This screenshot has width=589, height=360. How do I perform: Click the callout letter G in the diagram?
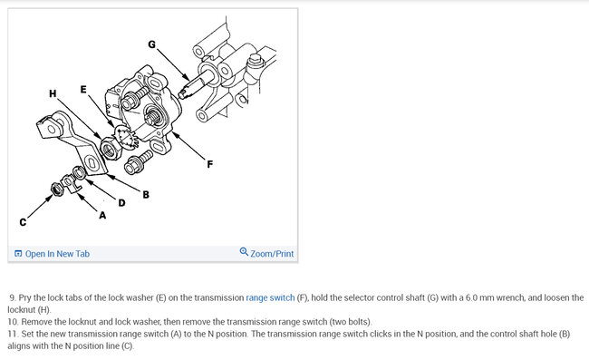pyautogui.click(x=151, y=44)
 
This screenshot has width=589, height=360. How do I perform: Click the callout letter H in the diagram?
pyautogui.click(x=53, y=93)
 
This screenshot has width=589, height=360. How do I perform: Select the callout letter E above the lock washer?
pyautogui.click(x=83, y=90)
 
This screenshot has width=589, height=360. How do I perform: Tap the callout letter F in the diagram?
pyautogui.click(x=210, y=164)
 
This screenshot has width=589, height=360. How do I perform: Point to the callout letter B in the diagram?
pyautogui.click(x=146, y=195)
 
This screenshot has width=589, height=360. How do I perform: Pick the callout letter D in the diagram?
pyautogui.click(x=121, y=203)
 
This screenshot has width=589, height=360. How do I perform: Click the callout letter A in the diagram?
pyautogui.click(x=102, y=215)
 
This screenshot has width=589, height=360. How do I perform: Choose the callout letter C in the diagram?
pyautogui.click(x=23, y=222)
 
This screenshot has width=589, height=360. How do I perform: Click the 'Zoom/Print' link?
pyautogui.click(x=272, y=254)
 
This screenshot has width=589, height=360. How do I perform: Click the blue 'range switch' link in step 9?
pyautogui.click(x=270, y=298)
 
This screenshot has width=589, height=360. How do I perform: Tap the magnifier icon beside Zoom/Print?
pyautogui.click(x=244, y=251)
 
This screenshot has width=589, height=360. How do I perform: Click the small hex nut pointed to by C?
pyautogui.click(x=57, y=189)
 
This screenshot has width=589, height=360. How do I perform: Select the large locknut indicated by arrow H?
pyautogui.click(x=110, y=148)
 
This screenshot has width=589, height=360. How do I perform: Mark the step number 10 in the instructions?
pyautogui.click(x=13, y=322)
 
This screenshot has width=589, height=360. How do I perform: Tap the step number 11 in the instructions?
pyautogui.click(x=13, y=334)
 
